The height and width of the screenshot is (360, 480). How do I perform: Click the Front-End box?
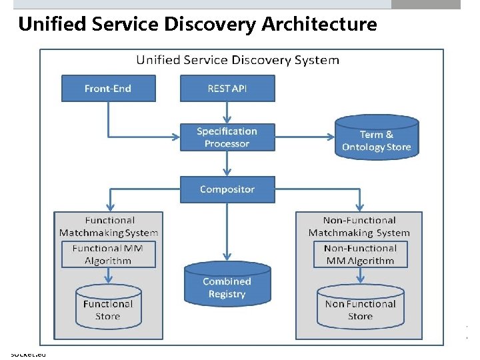tap(108, 89)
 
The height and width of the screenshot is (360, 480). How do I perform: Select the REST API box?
tap(227, 89)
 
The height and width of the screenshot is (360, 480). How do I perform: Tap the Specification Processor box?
tap(227, 137)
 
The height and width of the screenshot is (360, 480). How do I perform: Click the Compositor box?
tap(227, 189)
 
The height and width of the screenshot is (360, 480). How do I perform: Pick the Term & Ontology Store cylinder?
tap(376, 139)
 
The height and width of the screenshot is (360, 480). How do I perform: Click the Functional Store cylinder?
tap(108, 309)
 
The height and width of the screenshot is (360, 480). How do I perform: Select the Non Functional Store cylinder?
tap(360, 309)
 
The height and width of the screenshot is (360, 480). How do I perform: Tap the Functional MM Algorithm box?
tap(108, 255)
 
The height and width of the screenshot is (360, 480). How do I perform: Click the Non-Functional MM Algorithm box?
tap(360, 255)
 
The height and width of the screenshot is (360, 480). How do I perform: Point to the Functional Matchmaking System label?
tap(108, 227)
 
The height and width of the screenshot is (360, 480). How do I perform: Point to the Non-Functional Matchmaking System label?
tap(359, 227)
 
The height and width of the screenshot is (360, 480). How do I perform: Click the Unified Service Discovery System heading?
tap(237, 60)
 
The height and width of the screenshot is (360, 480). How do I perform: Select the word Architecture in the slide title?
tap(319, 25)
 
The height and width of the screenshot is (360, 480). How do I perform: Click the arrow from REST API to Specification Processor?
tap(227, 112)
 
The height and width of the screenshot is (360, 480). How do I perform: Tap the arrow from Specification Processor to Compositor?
tap(227, 163)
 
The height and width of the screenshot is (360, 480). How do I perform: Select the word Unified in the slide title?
tap(51, 25)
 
